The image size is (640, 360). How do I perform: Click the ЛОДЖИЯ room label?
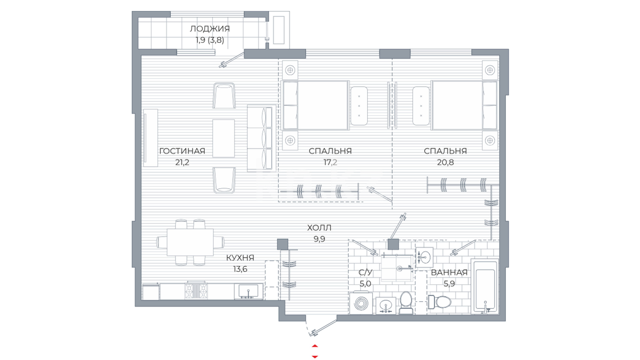coord(210,29)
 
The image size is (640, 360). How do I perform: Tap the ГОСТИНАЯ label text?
coord(182,151)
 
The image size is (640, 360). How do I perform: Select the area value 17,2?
coord(330,162)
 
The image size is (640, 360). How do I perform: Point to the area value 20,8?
coord(445,162)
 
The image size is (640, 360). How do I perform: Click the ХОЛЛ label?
coord(319,228)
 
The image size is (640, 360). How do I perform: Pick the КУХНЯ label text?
coord(240,258)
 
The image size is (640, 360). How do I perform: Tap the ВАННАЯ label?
coord(449,272)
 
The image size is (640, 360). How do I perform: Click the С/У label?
coord(365,272)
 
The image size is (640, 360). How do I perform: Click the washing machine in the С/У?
coord(361,303)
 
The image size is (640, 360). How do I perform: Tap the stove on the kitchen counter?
coord(196,290)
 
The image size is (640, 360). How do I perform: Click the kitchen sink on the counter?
coord(248,291)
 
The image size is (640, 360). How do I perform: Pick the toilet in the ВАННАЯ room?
coord(440,302)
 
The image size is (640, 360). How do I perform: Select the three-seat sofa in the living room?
coord(260,138)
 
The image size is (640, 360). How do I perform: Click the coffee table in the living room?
coord(224,138)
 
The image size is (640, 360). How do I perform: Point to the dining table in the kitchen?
coord(190,242)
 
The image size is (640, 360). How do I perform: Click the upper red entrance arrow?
coord(315,346)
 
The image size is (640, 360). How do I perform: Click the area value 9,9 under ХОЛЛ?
coord(319,239)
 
